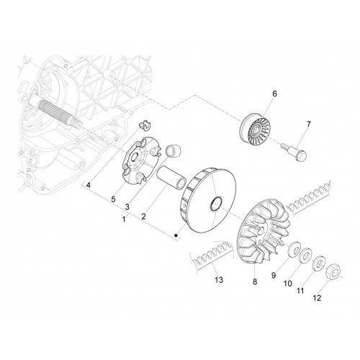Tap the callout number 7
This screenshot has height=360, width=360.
(308, 124)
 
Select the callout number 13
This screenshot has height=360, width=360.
(219, 280)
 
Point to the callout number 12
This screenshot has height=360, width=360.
(317, 298)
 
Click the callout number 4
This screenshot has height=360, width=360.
(89, 185)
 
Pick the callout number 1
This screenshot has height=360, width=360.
(124, 219)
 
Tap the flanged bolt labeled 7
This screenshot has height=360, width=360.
(294, 151)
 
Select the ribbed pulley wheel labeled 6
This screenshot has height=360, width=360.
(256, 129)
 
